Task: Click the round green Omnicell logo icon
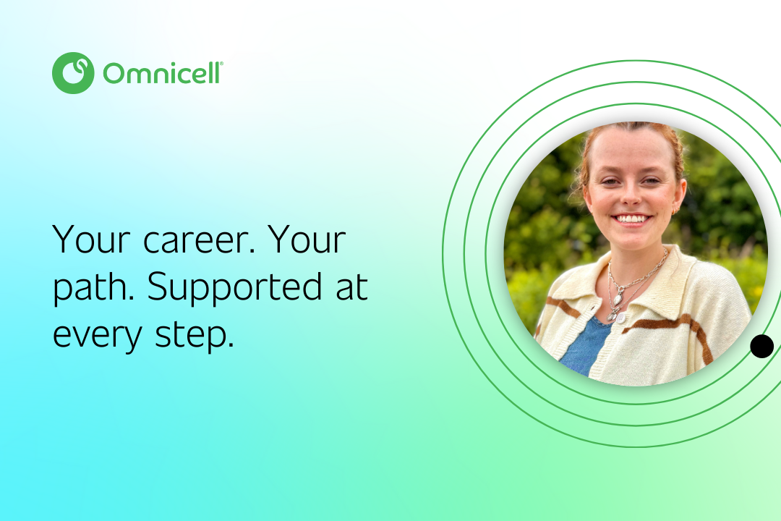point(73,73)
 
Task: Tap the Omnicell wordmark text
point(163,73)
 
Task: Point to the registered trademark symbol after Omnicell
point(221,64)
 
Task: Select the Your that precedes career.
point(91,240)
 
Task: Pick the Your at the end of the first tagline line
point(307,240)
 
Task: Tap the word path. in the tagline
point(93,288)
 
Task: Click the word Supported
point(234,288)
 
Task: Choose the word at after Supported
point(351,288)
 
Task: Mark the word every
point(98,336)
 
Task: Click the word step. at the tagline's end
point(195,335)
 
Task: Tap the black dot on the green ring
point(761,347)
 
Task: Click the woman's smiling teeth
point(631,219)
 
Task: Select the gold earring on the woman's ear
point(676,212)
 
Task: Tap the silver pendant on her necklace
point(618,299)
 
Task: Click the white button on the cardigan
point(620,317)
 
